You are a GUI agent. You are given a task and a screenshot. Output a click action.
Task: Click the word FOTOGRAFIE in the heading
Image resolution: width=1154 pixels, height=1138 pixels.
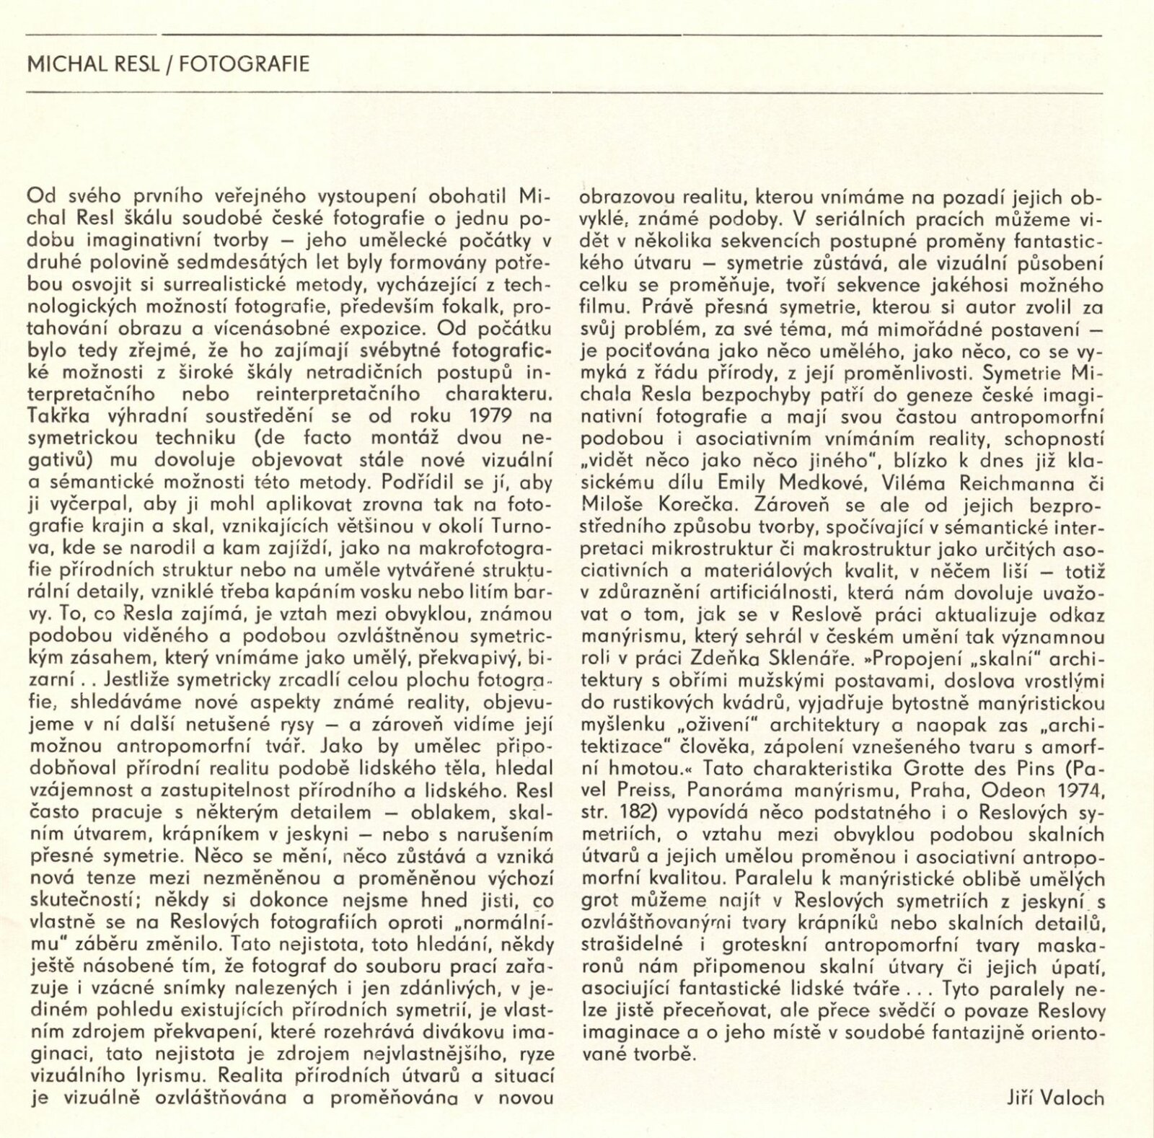[245, 65]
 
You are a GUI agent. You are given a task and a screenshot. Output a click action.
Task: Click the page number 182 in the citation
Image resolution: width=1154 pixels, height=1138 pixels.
[631, 813]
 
